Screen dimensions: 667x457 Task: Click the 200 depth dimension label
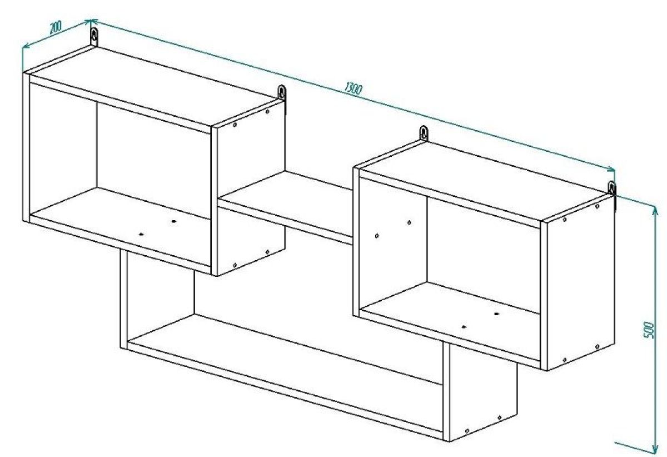click(55, 27)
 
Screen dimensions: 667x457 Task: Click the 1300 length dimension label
click(353, 89)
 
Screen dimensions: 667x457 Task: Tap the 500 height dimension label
click(648, 330)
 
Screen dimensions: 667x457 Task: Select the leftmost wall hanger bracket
click(94, 37)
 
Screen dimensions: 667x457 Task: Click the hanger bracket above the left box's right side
click(282, 92)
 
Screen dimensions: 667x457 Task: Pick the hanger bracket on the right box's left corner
click(424, 133)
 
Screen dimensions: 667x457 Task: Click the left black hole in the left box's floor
click(141, 234)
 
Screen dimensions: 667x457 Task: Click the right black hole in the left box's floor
click(173, 221)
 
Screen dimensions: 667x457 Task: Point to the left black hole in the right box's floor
click(464, 327)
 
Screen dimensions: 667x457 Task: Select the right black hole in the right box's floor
click(496, 314)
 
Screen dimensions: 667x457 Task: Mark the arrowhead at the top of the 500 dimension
click(655, 210)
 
